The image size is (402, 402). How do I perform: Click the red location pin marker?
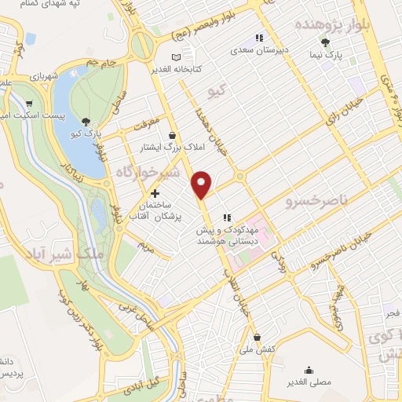tap(202, 184)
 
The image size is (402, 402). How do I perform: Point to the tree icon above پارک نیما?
tap(326, 43)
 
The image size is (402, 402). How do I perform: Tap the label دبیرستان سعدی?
tap(258, 49)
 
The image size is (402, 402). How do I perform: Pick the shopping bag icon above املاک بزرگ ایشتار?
tap(172, 134)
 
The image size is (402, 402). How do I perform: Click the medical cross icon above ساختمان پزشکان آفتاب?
tap(155, 192)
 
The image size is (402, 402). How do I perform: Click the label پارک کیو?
tap(86, 133)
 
